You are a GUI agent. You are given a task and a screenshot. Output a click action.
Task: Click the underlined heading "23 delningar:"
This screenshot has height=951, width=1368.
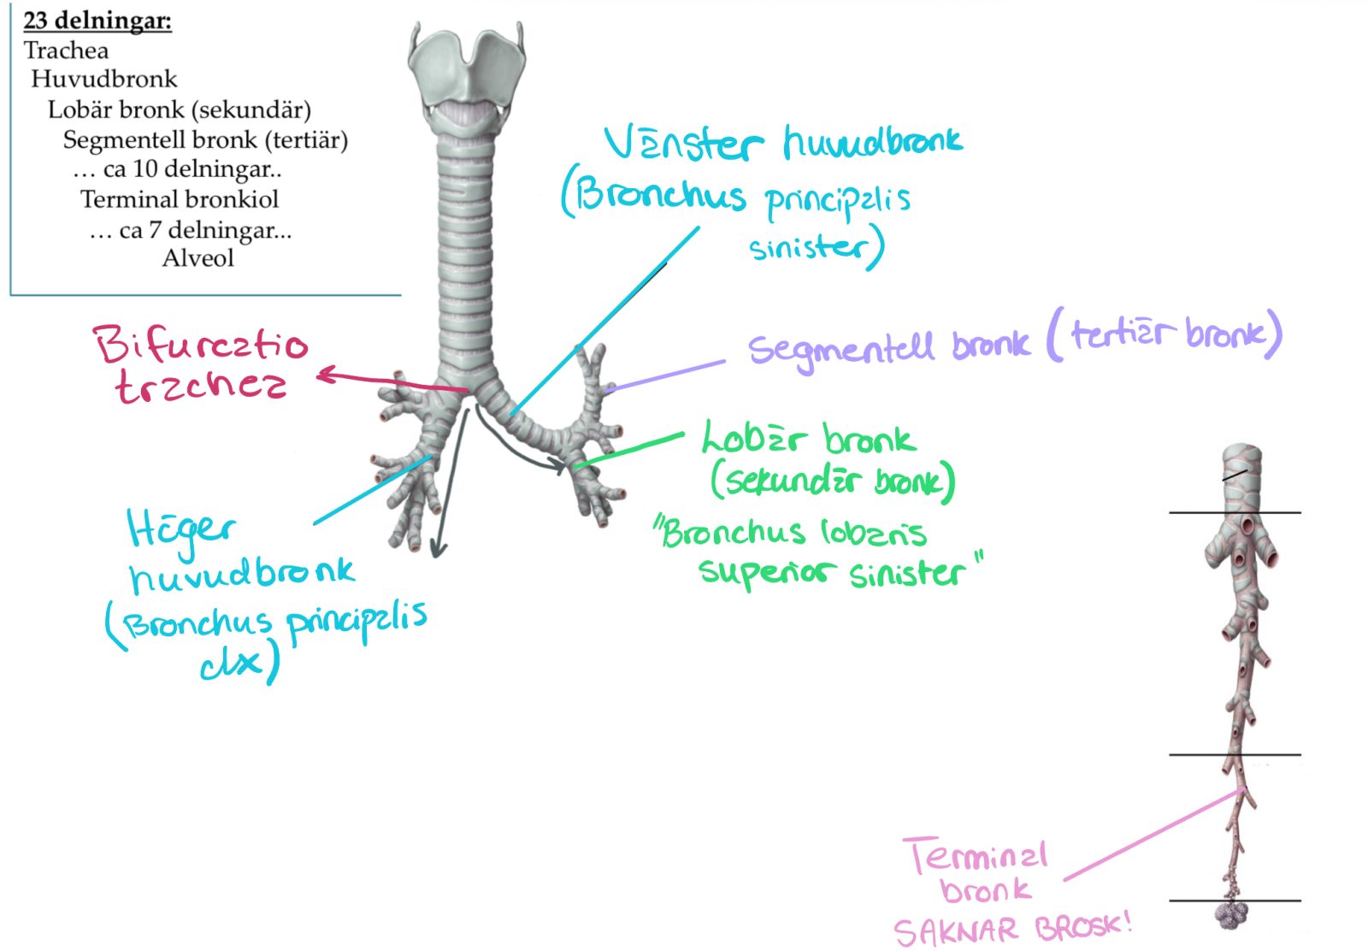click(97, 21)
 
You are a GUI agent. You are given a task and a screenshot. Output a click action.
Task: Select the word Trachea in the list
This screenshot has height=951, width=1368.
click(66, 50)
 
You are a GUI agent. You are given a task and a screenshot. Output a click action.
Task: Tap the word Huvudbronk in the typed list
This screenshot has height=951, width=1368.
click(104, 80)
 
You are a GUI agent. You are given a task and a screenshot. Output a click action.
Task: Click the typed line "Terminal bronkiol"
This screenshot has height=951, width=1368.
click(180, 199)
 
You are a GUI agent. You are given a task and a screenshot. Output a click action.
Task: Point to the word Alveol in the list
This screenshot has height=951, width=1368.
click(198, 257)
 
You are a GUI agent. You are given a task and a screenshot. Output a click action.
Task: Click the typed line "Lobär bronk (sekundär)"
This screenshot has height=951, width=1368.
click(180, 109)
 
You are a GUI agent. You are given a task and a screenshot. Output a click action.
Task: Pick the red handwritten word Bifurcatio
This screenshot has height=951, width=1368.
click(201, 344)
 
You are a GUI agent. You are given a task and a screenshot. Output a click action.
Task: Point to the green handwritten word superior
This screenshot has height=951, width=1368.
click(765, 571)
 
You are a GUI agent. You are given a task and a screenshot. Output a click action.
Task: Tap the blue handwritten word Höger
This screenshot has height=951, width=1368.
click(180, 529)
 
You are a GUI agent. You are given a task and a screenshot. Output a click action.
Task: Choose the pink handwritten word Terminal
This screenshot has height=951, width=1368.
click(976, 855)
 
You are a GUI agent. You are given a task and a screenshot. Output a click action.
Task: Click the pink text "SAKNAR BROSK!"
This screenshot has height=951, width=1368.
click(1012, 929)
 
